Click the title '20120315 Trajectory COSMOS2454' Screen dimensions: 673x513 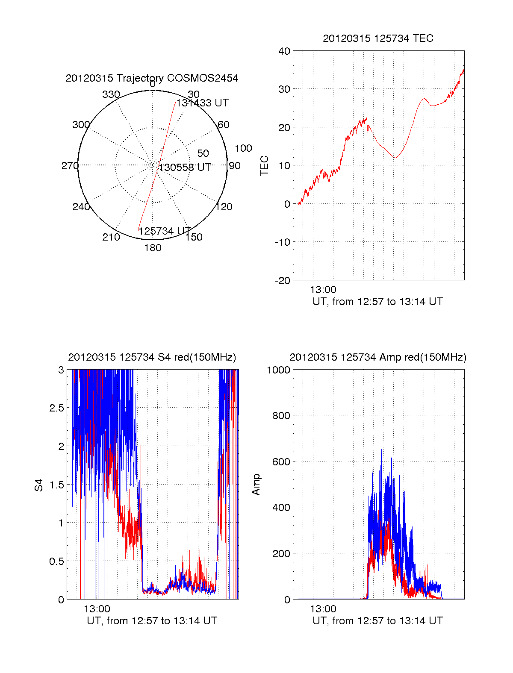point(152,78)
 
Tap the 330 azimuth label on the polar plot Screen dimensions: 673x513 point(111,94)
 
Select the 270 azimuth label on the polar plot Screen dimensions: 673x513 point(70,166)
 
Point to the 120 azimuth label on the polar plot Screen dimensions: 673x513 point(224,207)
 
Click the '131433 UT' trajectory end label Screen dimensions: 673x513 point(203,103)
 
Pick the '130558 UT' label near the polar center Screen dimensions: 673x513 point(185,168)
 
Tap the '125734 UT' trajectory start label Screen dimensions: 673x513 point(165,231)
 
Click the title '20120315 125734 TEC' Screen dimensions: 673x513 point(378,38)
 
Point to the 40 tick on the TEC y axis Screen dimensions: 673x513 point(284,51)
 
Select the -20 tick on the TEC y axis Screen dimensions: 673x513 point(283,280)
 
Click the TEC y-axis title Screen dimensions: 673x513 point(265,166)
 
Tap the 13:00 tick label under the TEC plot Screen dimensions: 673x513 point(323,290)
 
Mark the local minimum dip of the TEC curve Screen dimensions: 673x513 point(395,158)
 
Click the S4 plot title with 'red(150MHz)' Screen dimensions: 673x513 point(152,357)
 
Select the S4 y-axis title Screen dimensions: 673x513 point(39,485)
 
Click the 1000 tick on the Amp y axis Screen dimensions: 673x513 point(278,370)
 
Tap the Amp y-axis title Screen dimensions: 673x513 point(256,485)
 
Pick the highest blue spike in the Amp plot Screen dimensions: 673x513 point(381,450)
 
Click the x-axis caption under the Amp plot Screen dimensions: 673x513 point(377,621)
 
